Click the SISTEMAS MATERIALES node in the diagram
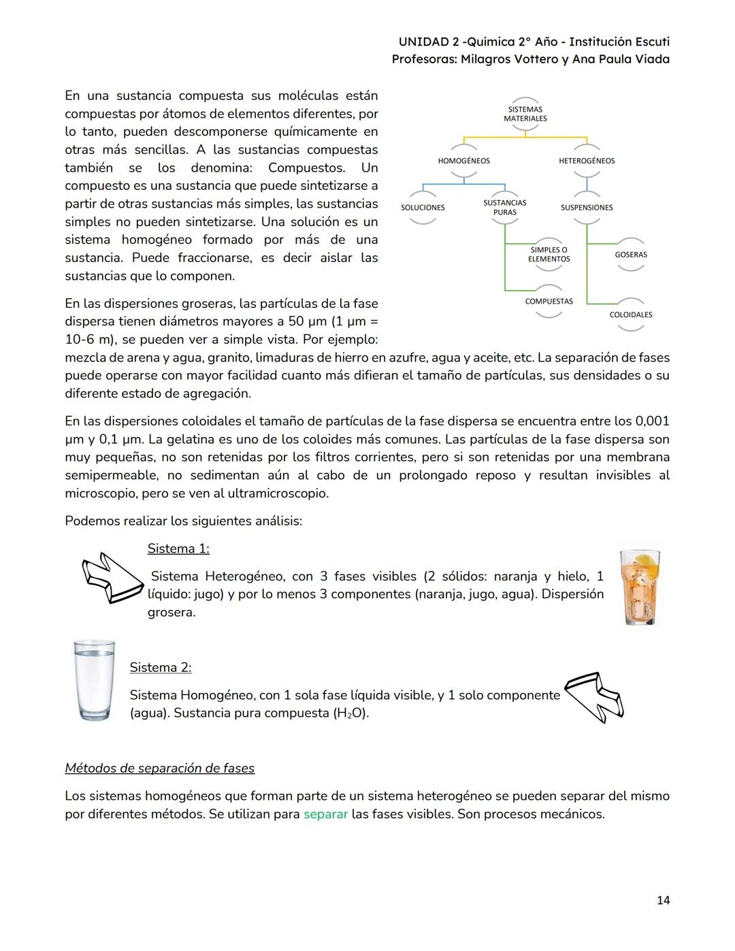525,114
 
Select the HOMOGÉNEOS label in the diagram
463,161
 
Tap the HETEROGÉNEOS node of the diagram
586,161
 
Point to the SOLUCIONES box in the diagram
423,208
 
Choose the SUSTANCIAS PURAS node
504,208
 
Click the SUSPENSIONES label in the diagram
586,208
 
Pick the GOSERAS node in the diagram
631,255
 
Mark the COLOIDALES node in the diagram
631,315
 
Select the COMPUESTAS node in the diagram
549,301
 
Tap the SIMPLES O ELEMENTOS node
549,255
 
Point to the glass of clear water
95,679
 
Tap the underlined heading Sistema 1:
178,549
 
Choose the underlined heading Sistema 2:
161,668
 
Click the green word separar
325,814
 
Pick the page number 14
663,901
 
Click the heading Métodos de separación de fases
159,769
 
